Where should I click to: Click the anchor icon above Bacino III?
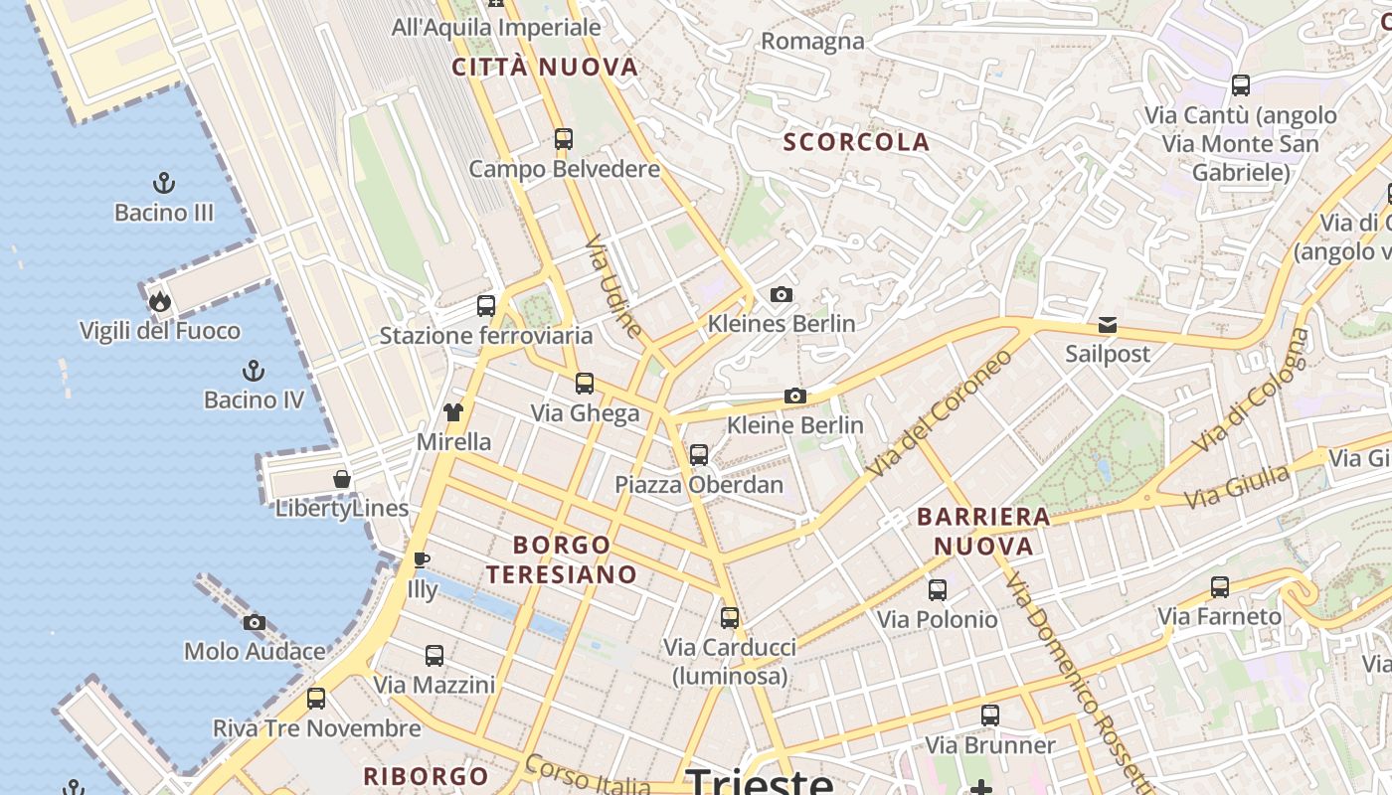click(164, 183)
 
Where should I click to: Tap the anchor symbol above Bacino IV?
click(254, 372)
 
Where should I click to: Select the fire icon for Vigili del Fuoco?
click(159, 302)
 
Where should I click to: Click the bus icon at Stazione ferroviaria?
click(486, 306)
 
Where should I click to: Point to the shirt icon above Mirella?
click(453, 412)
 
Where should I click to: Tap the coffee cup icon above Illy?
click(422, 560)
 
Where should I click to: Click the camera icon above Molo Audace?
click(255, 623)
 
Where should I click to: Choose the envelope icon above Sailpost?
click(1107, 325)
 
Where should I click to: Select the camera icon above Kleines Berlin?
click(782, 294)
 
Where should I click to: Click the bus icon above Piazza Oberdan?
click(699, 455)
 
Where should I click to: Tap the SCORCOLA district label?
click(857, 142)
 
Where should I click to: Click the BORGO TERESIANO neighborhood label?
click(562, 559)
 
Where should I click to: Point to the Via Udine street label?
click(613, 286)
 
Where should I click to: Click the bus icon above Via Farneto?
click(1220, 587)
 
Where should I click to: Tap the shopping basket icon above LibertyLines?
click(342, 479)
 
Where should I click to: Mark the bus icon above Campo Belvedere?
click(564, 139)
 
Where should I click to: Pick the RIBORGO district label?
click(426, 776)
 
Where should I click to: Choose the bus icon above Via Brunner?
click(990, 715)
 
